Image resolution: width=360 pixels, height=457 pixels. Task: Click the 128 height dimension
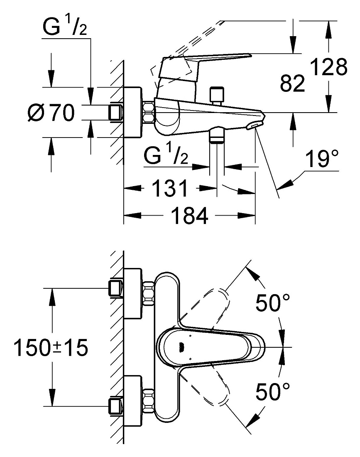pos(328,67)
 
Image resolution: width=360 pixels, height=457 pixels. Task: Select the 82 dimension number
pos(292,83)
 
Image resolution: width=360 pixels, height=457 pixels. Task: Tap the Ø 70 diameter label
pos(51,112)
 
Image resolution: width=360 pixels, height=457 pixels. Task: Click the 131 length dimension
pos(170,188)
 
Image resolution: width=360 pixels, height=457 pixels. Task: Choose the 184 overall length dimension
pos(190,215)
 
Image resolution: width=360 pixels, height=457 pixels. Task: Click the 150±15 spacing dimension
pos(51,347)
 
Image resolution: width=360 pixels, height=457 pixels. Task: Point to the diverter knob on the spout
pos(217,96)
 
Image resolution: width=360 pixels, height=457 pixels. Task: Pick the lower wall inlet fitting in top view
pos(116,406)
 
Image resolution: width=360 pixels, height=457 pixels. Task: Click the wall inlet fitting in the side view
pos(116,112)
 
